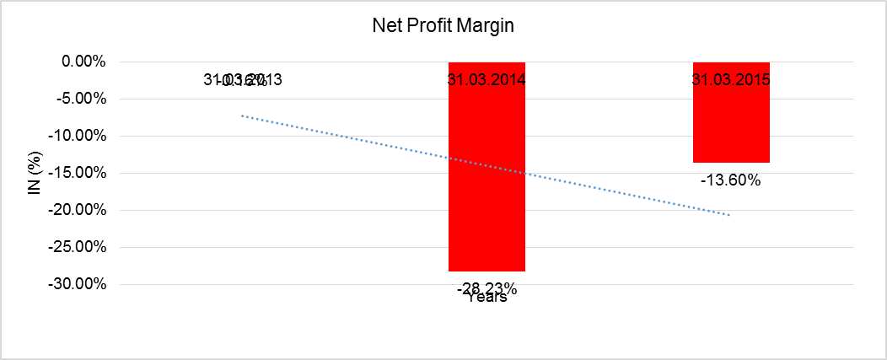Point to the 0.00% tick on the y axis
tap(82, 62)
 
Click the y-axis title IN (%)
tap(35, 173)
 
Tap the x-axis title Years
tap(487, 298)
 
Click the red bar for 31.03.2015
tap(731, 126)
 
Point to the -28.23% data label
tap(487, 287)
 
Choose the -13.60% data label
tap(731, 180)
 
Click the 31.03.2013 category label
tap(243, 81)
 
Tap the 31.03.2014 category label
tap(487, 81)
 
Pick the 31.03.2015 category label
tap(731, 81)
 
